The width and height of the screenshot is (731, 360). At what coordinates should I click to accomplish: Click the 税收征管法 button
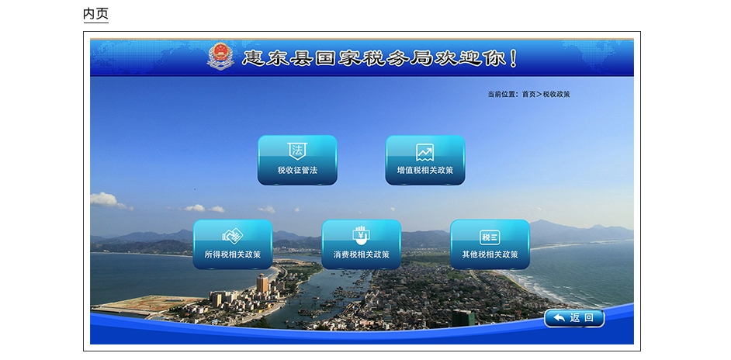pos(297,160)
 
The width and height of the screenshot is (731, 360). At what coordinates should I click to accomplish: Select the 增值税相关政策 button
pos(425,160)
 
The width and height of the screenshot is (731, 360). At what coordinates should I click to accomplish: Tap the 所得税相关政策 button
pos(233,244)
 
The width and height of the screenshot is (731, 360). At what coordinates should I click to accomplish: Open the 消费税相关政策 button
pos(362,244)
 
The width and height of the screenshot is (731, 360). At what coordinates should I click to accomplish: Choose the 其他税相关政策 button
pos(490,244)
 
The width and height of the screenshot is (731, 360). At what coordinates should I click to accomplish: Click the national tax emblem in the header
pos(220,57)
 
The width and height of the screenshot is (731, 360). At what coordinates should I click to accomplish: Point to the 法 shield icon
pos(297,151)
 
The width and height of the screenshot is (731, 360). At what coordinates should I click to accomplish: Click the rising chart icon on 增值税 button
pos(425,152)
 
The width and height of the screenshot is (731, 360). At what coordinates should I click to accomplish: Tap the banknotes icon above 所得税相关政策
pos(233,236)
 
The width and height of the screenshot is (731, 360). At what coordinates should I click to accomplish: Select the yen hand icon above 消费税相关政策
pos(362,236)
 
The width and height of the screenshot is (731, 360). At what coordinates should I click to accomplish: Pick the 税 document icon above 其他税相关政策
pos(490,237)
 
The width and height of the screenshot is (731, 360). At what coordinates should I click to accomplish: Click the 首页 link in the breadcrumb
pos(528,94)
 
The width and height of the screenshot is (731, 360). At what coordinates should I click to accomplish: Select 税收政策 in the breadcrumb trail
pos(556,94)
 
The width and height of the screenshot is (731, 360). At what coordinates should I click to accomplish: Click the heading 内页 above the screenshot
pos(95,13)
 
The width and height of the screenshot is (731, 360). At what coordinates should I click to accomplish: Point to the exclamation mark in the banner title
pos(514,58)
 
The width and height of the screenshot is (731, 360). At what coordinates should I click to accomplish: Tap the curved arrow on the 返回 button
pos(559,318)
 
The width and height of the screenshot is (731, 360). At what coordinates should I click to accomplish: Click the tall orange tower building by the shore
pos(262,284)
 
